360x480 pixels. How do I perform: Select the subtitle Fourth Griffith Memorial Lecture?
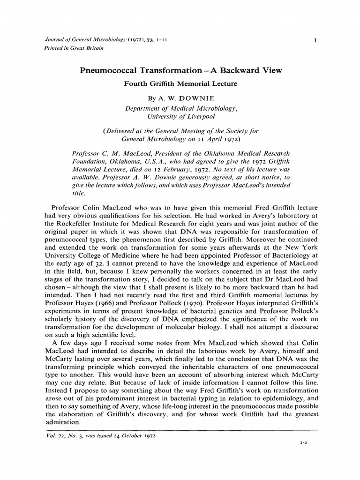click(x=180, y=84)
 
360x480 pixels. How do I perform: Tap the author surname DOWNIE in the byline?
click(x=194, y=99)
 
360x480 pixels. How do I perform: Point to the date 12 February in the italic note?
click(x=165, y=170)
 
